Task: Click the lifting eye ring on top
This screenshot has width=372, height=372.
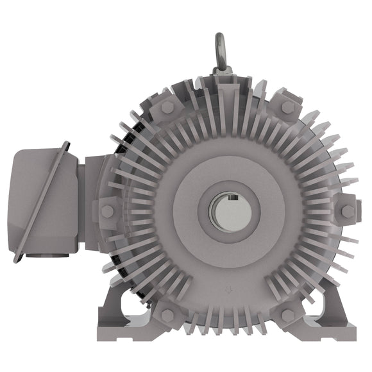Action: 220,45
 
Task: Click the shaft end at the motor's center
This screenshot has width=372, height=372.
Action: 227,210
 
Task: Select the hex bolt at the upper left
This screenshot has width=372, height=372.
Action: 167,106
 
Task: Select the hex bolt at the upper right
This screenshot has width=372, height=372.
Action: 288,106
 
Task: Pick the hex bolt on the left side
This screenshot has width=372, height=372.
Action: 107,210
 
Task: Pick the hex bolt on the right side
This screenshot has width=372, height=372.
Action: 348,210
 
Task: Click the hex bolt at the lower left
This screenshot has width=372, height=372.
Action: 167,314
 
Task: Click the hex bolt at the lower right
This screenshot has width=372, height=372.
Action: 288,314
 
